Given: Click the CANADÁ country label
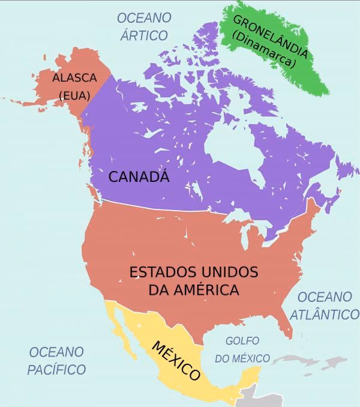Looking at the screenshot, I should (139, 177).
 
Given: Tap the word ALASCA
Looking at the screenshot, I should (74, 78).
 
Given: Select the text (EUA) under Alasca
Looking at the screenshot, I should (74, 95).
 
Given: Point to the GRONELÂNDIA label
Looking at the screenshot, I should (271, 37).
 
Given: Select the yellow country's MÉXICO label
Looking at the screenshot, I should (175, 360).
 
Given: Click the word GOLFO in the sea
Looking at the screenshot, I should (242, 341).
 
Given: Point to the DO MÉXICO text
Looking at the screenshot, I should (242, 358).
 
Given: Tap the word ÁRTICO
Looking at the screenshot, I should (143, 35).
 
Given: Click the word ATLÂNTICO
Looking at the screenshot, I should (325, 314).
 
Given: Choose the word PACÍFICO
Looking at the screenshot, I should (56, 369).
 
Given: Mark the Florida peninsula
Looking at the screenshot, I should (287, 324).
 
